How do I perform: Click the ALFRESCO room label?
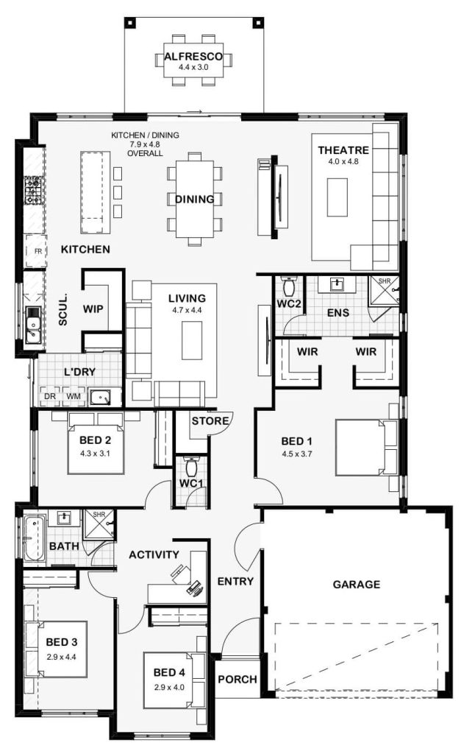193,56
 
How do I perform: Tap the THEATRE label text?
343,150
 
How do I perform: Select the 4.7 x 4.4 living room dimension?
187,310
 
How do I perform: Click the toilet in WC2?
289,287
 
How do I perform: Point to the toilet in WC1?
190,465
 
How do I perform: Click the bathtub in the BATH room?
34,538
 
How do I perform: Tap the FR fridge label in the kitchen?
38,251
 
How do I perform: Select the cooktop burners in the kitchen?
33,190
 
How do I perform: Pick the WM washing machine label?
73,396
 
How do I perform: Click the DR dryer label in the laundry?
50,396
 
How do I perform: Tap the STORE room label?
210,421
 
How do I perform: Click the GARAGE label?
357,584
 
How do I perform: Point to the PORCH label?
238,680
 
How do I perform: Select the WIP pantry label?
93,309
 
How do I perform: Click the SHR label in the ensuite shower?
385,281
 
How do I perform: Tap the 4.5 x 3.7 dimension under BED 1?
297,454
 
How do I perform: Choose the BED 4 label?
169,673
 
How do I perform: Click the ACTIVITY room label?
154,555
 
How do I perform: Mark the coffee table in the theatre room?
337,197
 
